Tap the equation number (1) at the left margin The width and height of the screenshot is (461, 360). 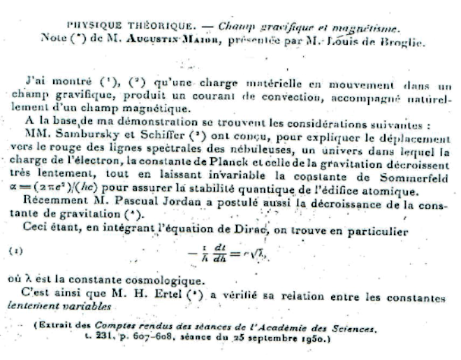17,249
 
